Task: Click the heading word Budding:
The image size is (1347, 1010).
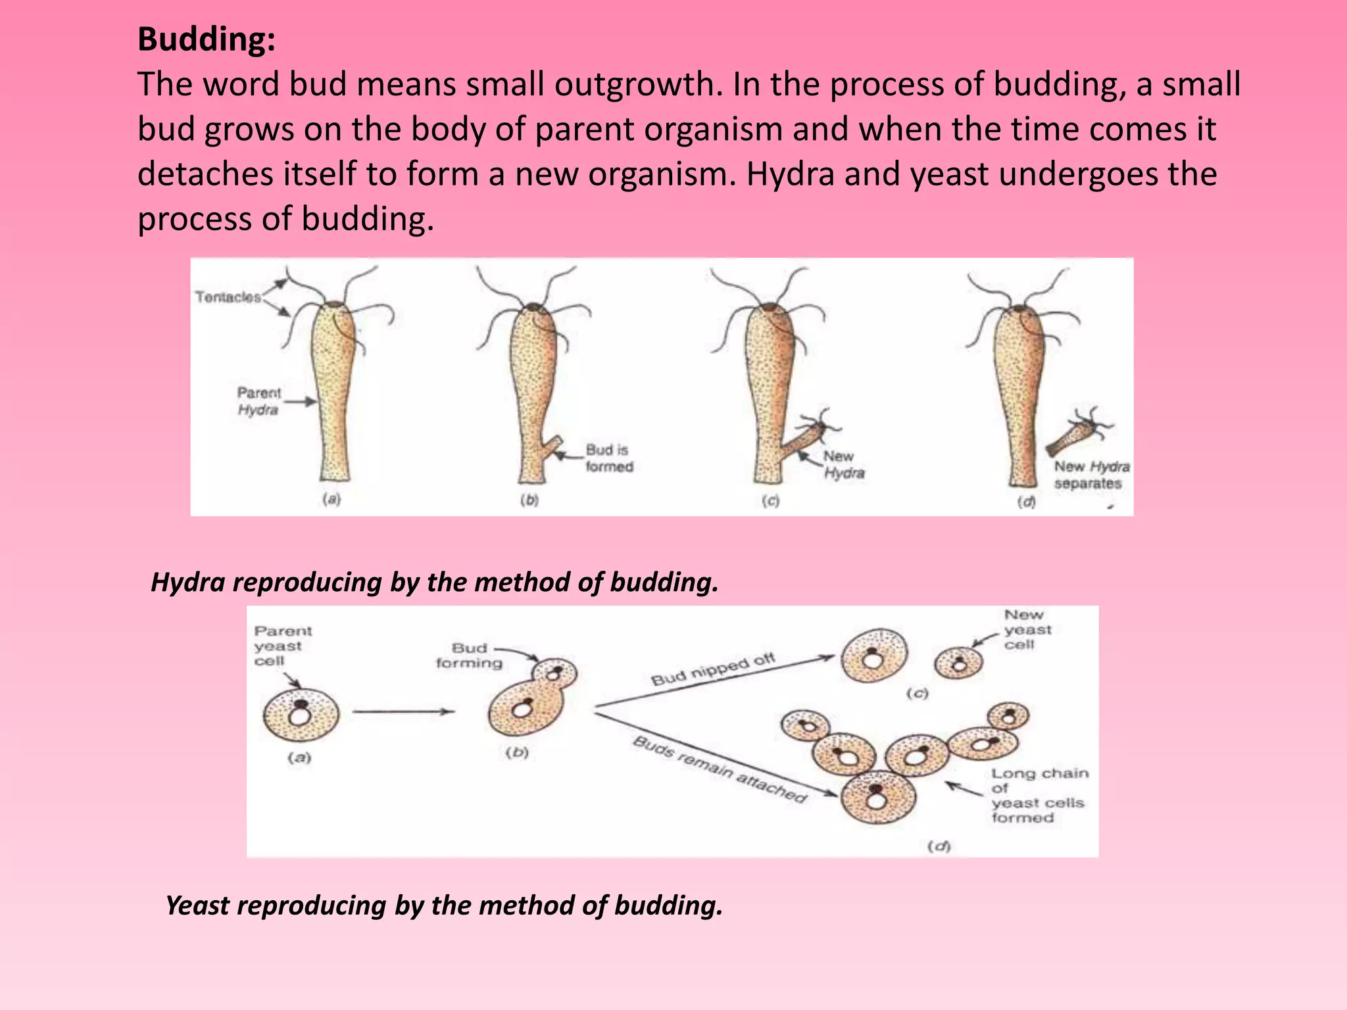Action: (206, 39)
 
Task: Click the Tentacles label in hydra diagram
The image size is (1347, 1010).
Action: (228, 297)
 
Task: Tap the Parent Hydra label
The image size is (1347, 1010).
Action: (258, 401)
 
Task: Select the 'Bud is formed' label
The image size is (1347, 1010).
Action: (609, 458)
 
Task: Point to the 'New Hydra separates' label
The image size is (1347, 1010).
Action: (1091, 475)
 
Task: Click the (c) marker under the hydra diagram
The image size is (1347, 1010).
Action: (770, 501)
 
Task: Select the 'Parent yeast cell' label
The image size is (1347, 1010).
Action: (282, 646)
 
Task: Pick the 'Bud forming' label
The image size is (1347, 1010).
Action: (469, 656)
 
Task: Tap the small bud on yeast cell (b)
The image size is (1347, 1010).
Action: (555, 673)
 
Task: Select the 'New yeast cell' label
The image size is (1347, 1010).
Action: (1027, 629)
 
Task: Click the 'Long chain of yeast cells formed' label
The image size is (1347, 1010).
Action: (1039, 796)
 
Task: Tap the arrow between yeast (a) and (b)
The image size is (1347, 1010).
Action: (403, 711)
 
